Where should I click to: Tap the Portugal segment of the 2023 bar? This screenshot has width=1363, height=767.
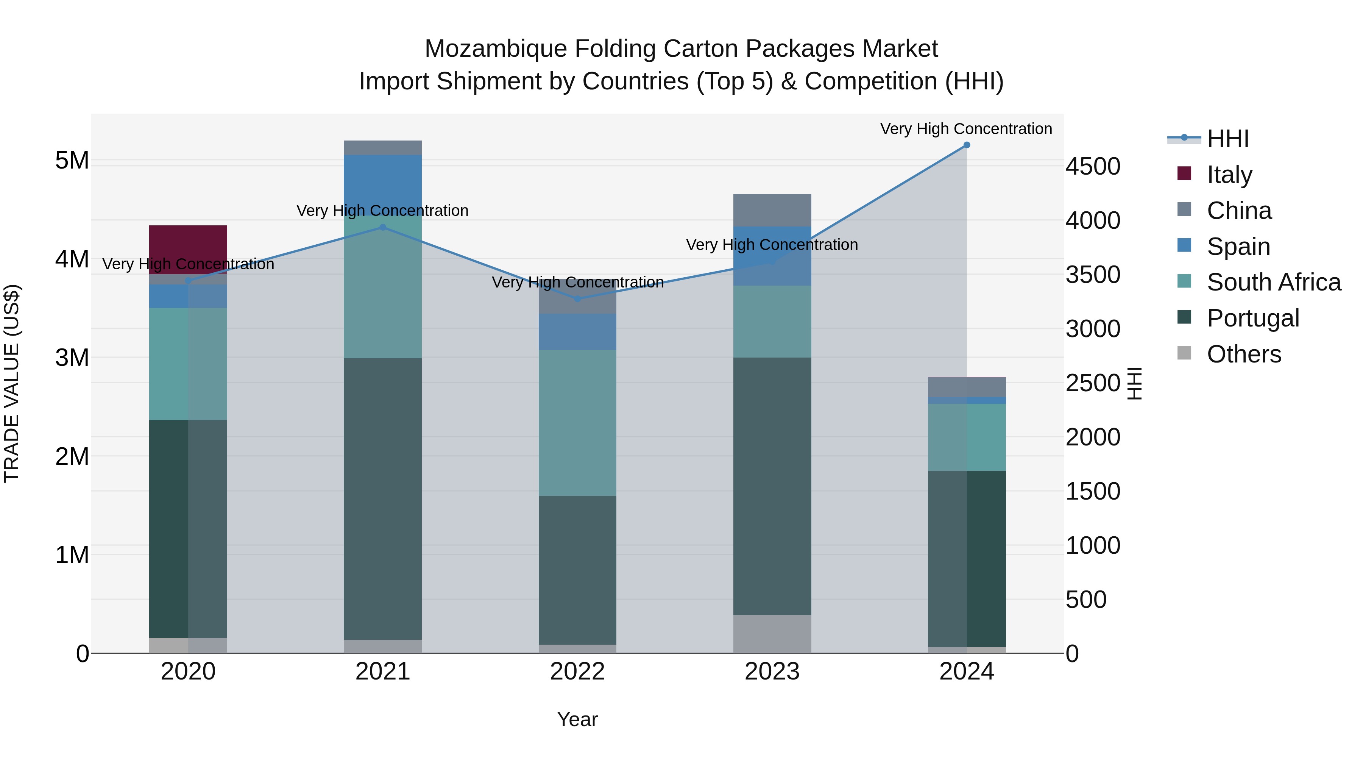pos(772,486)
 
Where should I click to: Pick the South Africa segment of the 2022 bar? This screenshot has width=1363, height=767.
pos(577,422)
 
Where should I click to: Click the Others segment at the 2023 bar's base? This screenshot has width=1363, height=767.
pos(772,634)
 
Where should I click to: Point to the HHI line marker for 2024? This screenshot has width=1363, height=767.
pos(967,145)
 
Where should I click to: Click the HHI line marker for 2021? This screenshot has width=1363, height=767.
pos(382,228)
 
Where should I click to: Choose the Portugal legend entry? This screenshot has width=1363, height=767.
pos(1252,318)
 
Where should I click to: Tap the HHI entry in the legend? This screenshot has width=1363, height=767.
pos(1227,139)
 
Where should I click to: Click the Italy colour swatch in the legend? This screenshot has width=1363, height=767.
pos(1184,173)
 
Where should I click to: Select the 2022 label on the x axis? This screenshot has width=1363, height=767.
pos(577,672)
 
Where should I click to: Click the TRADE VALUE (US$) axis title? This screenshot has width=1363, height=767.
pos(12,383)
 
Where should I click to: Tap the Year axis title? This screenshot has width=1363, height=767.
pos(577,719)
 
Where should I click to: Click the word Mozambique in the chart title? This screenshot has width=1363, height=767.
pos(496,49)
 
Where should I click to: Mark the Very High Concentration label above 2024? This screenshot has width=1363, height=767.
pos(966,129)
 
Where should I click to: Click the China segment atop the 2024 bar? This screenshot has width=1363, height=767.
pos(967,387)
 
